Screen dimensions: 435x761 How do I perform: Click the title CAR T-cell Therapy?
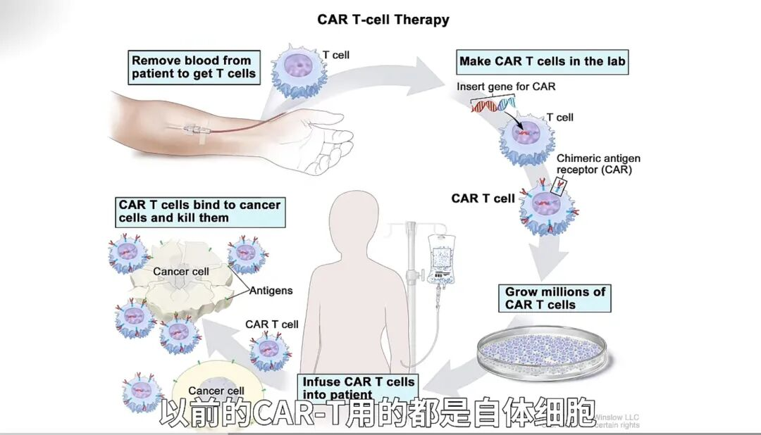pyautogui.click(x=383, y=19)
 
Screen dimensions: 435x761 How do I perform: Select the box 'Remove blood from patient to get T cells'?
pyautogui.click(x=194, y=67)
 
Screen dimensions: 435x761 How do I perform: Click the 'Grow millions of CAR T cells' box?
pyautogui.click(x=555, y=298)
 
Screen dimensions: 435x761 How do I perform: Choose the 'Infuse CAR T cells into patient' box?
pyautogui.click(x=358, y=387)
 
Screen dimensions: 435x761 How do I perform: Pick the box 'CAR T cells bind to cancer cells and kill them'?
pyautogui.click(x=199, y=211)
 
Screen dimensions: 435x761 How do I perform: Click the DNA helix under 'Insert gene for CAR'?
pyautogui.click(x=493, y=106)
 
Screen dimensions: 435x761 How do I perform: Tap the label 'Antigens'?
pyautogui.click(x=271, y=291)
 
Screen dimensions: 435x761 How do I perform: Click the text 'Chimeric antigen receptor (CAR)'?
pyautogui.click(x=598, y=164)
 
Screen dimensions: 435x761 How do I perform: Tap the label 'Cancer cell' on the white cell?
pyautogui.click(x=181, y=271)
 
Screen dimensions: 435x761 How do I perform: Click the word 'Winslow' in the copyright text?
pyautogui.click(x=612, y=417)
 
